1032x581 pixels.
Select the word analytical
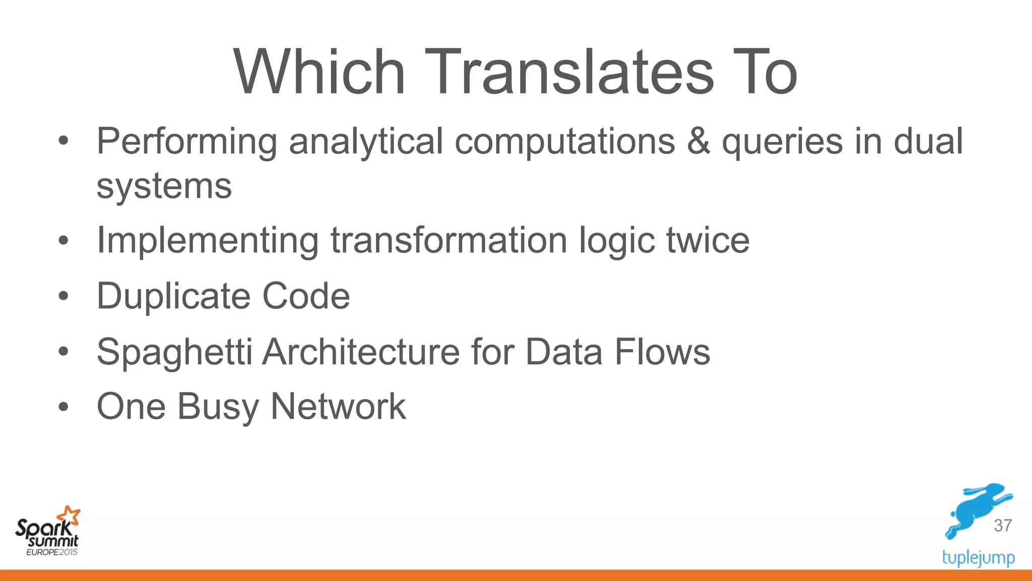click(366, 142)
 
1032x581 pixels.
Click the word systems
click(164, 187)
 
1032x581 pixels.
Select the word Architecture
click(361, 352)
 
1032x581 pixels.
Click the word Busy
click(218, 407)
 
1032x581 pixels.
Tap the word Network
click(338, 406)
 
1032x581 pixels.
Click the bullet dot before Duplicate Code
click(63, 297)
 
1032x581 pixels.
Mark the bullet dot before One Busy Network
click(63, 406)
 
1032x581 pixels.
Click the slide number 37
click(1003, 526)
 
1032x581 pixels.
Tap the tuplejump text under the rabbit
click(978, 558)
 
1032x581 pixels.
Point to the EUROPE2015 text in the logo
click(52, 552)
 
